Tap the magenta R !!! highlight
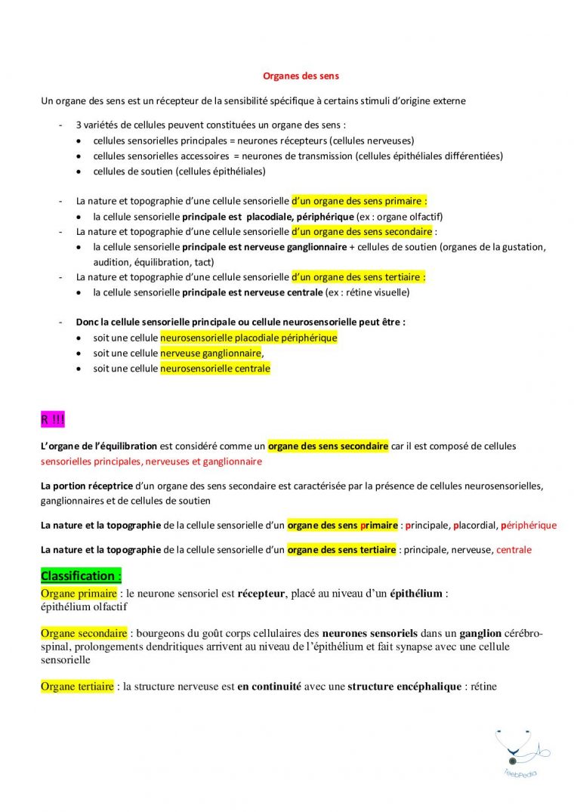(x=53, y=419)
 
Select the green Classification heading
(x=81, y=576)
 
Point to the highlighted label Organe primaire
(x=79, y=594)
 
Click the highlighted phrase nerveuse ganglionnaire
(x=211, y=353)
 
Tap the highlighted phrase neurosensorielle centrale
(x=214, y=369)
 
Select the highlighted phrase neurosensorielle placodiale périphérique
(x=248, y=338)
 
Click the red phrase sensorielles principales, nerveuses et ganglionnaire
(x=151, y=461)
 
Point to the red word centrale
(x=514, y=550)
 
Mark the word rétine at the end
(x=482, y=687)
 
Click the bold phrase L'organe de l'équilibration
(x=99, y=446)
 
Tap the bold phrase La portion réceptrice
(x=87, y=485)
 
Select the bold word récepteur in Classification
(x=261, y=594)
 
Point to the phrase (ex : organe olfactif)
(x=400, y=216)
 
